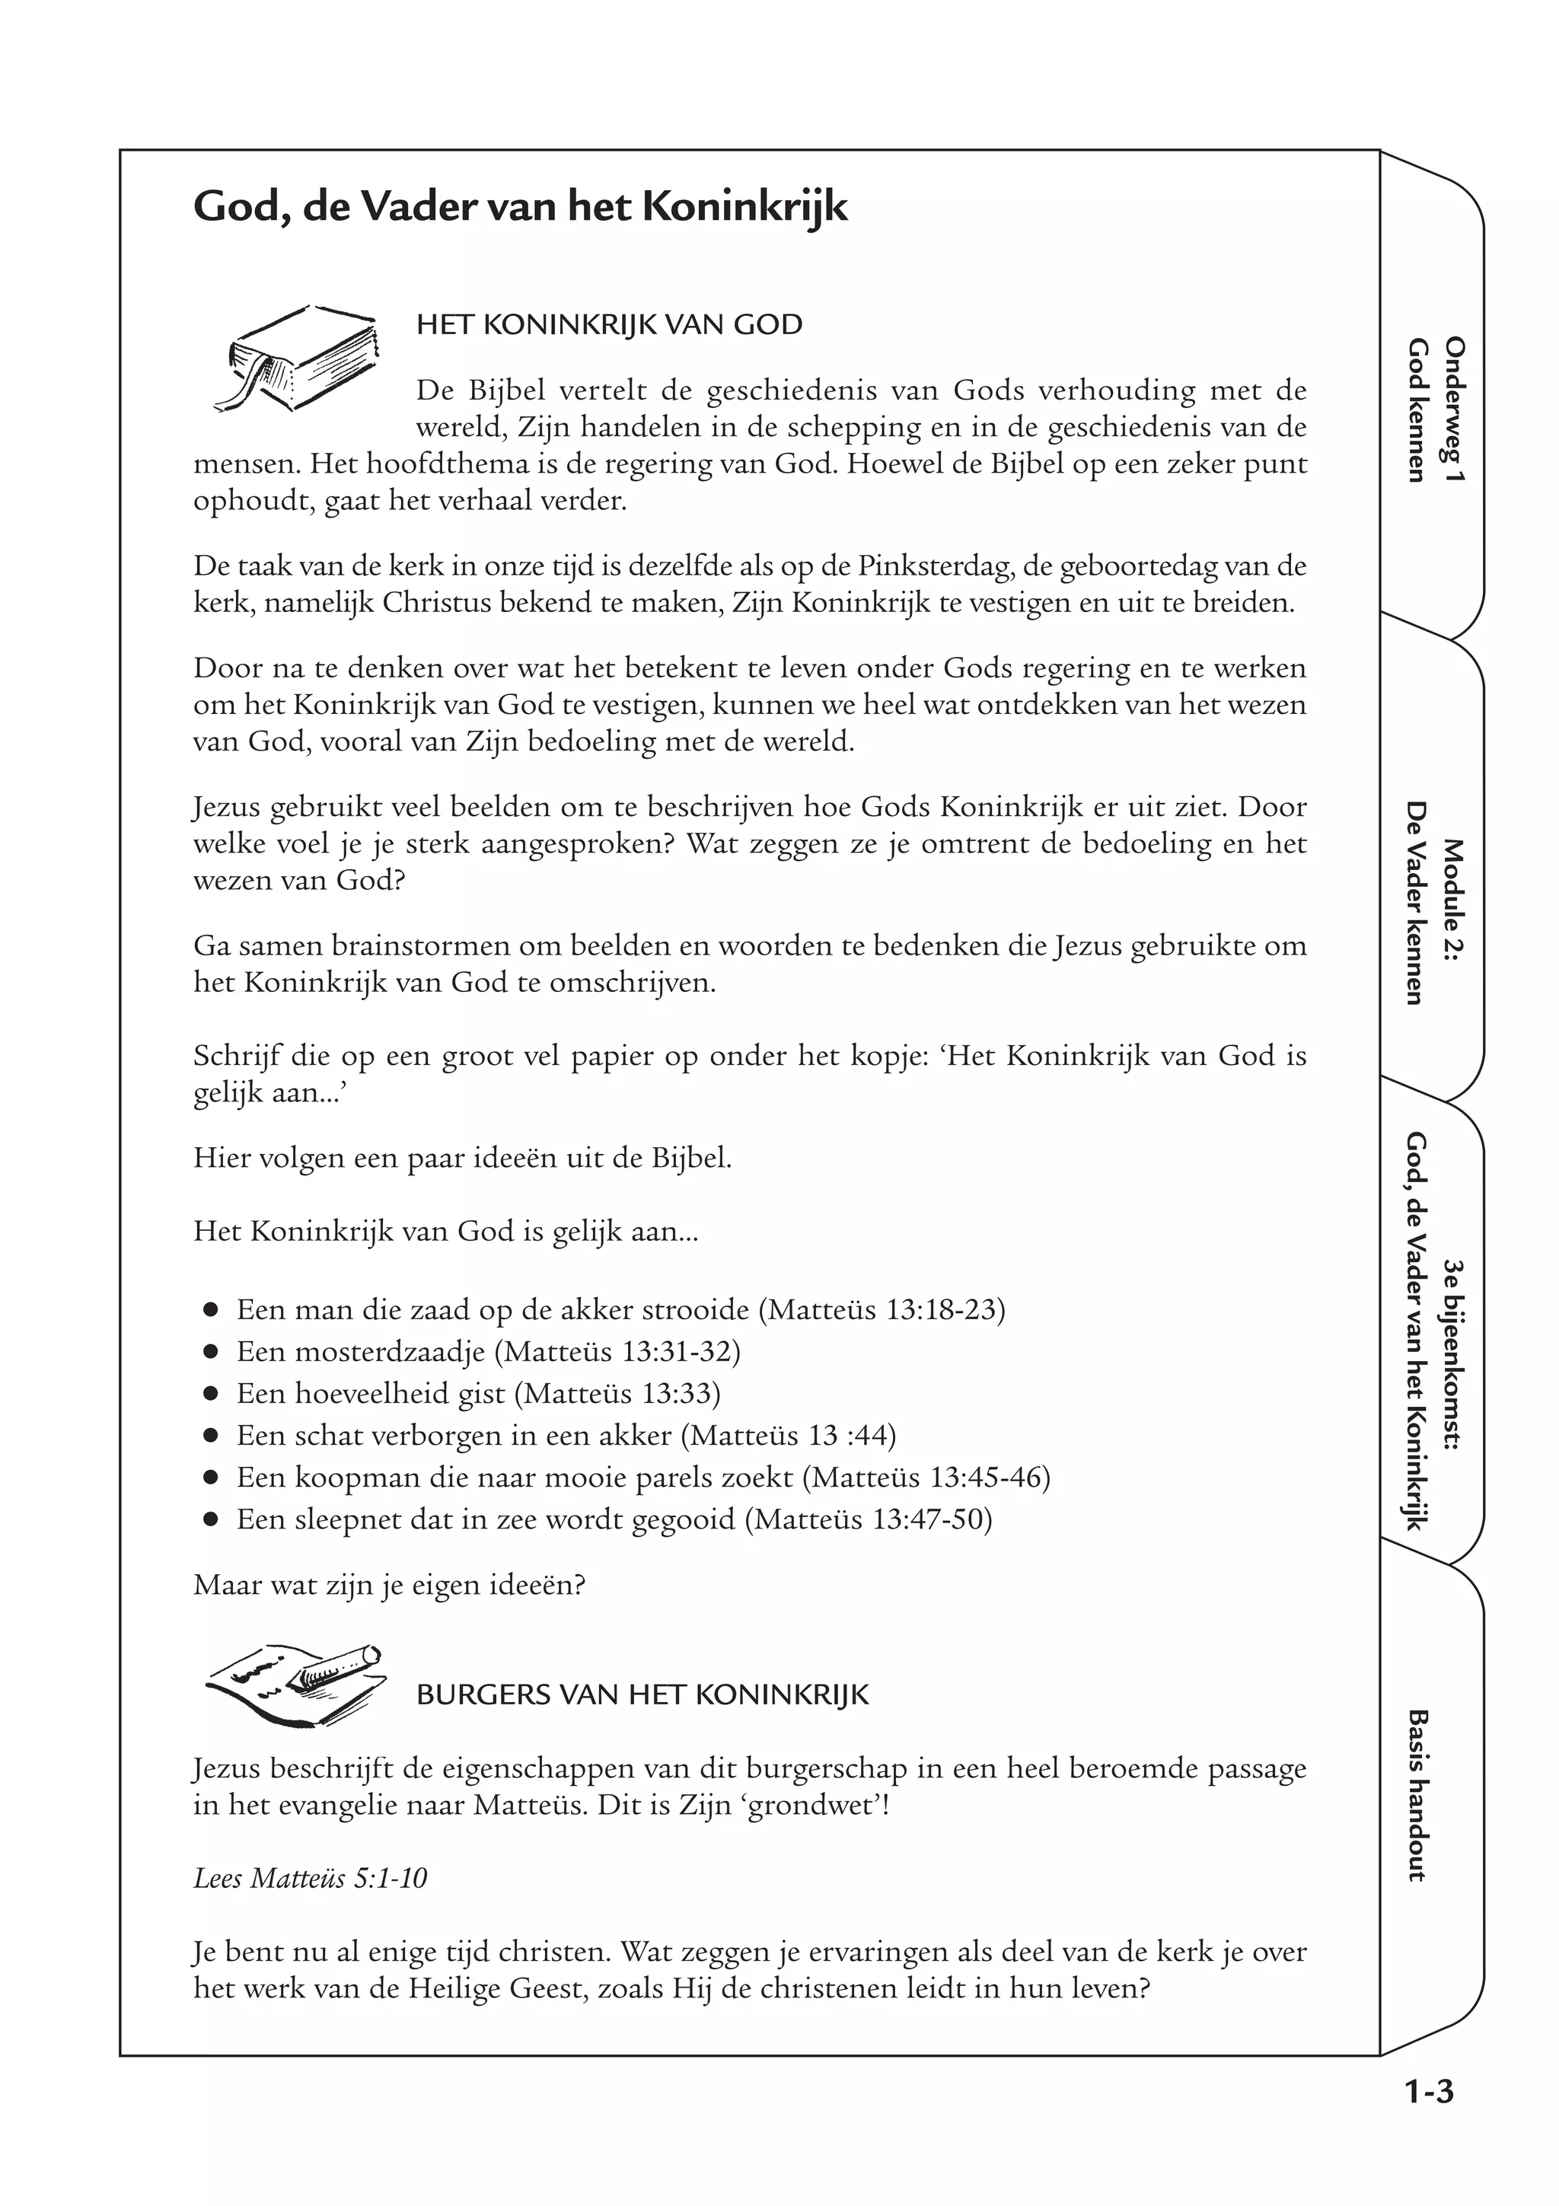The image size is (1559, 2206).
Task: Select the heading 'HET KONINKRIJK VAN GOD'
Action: [609, 325]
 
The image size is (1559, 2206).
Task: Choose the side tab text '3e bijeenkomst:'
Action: [1453, 1353]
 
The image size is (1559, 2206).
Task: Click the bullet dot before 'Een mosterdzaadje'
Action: [212, 1352]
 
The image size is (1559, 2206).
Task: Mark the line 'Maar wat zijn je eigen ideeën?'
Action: [389, 1583]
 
